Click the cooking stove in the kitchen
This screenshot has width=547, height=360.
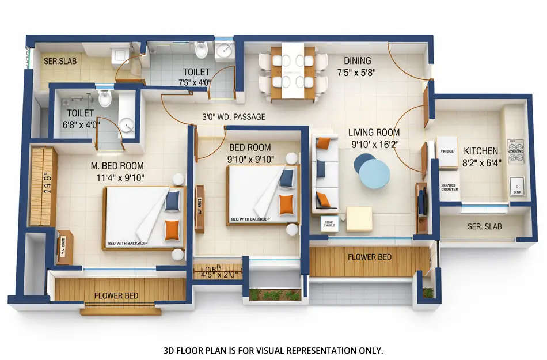pos(516,151)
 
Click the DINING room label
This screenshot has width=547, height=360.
pos(357,60)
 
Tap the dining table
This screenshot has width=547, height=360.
pos(293,72)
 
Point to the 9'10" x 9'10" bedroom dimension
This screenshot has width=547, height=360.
pos(251,159)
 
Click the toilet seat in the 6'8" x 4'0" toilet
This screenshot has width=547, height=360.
pos(105,100)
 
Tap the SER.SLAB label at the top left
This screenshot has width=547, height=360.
pos(60,60)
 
